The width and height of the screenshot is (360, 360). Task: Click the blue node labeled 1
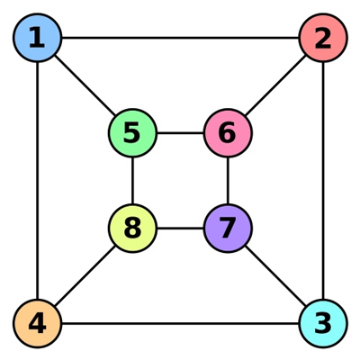pyautogui.click(x=37, y=38)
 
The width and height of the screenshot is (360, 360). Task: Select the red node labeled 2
pyautogui.click(x=323, y=38)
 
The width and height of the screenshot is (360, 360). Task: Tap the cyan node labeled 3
pyautogui.click(x=323, y=323)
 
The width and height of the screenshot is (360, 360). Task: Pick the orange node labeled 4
pyautogui.click(x=37, y=323)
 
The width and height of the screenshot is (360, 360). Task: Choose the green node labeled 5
pyautogui.click(x=132, y=133)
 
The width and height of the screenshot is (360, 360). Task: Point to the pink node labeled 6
pyautogui.click(x=228, y=133)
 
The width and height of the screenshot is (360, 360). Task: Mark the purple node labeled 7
pyautogui.click(x=228, y=229)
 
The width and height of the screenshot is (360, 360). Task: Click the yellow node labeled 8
pyautogui.click(x=132, y=229)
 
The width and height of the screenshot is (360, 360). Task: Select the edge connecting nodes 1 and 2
pyautogui.click(x=180, y=38)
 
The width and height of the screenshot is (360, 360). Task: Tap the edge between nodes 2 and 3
pyautogui.click(x=323, y=181)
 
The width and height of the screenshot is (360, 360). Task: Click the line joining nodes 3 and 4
pyautogui.click(x=180, y=323)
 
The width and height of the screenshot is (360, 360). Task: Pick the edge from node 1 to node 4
pyautogui.click(x=37, y=181)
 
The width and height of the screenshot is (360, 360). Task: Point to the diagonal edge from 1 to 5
pyautogui.click(x=85, y=85)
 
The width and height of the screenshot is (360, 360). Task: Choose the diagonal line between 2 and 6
pyautogui.click(x=275, y=85)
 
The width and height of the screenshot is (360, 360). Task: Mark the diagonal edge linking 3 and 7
pyautogui.click(x=275, y=276)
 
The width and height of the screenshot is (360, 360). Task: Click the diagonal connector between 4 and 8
pyautogui.click(x=85, y=276)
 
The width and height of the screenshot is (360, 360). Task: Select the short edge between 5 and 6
pyautogui.click(x=180, y=133)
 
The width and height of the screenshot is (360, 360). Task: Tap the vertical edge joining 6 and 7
pyautogui.click(x=228, y=181)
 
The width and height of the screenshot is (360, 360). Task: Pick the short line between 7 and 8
pyautogui.click(x=180, y=229)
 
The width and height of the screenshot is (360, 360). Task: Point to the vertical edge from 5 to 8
pyautogui.click(x=132, y=181)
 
